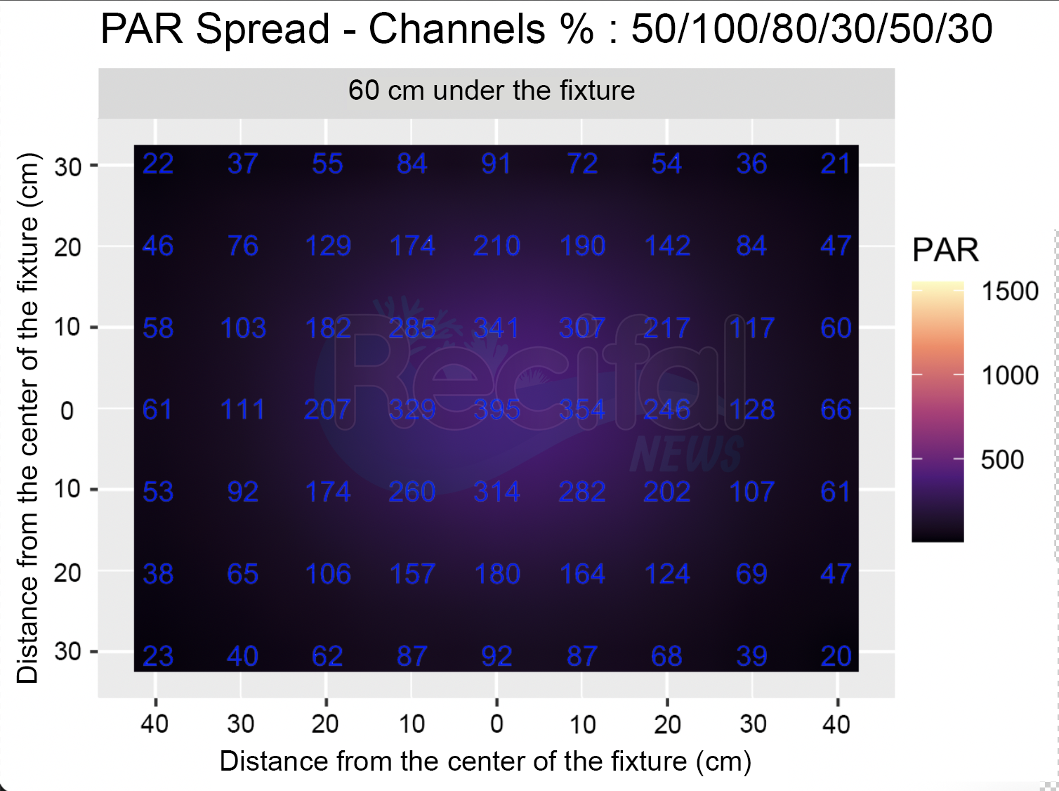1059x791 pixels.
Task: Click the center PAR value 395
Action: click(x=497, y=410)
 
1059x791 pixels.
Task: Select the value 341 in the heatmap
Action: click(x=497, y=328)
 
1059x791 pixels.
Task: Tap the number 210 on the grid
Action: click(x=497, y=246)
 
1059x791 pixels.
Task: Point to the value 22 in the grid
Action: click(x=158, y=164)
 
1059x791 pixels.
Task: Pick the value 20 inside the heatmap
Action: click(x=836, y=656)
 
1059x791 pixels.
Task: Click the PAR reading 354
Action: click(x=582, y=410)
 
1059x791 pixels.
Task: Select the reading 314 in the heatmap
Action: click(x=497, y=492)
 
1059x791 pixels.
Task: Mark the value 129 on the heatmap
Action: click(x=328, y=246)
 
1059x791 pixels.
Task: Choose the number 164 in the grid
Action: click(x=582, y=575)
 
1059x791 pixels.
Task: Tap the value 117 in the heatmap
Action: click(x=751, y=328)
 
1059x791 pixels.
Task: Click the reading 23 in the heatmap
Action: click(x=158, y=656)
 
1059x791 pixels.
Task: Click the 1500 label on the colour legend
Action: click(x=1010, y=291)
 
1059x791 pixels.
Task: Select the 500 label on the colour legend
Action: click(x=1002, y=459)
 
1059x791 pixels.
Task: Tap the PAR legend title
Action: click(x=946, y=250)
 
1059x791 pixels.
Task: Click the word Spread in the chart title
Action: click(x=263, y=30)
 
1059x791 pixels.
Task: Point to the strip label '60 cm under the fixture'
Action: click(x=492, y=90)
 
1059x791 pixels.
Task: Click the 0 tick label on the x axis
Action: click(x=497, y=724)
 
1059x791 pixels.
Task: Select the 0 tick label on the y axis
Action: click(x=67, y=411)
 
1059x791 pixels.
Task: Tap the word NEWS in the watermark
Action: click(x=687, y=454)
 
